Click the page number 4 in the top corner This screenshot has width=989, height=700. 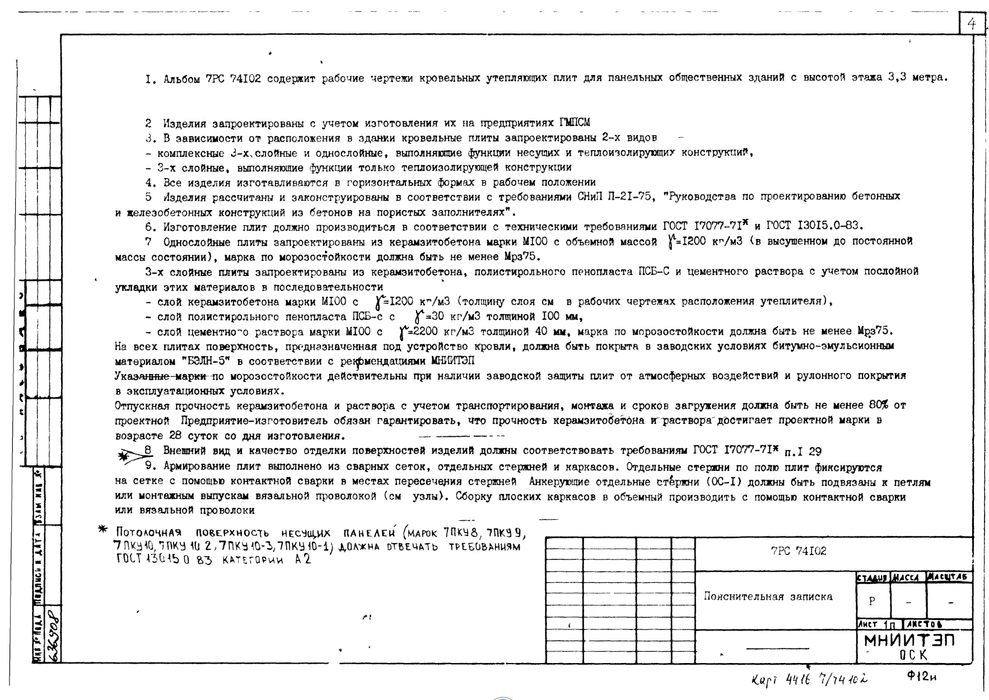972,24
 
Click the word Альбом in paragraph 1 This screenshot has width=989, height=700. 181,79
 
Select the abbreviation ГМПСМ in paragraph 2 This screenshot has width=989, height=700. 574,123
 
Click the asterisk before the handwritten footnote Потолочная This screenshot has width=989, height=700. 102,529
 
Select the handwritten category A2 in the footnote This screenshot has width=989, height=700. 302,559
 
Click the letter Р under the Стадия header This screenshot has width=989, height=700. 871,601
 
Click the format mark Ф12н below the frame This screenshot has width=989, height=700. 921,676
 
